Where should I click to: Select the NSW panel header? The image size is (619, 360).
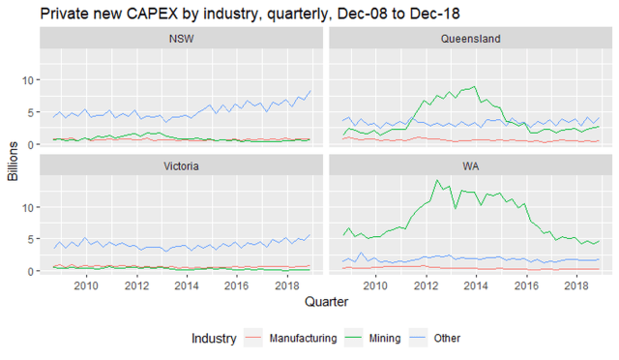tap(180, 39)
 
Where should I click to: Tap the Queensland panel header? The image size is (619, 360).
tap(469, 39)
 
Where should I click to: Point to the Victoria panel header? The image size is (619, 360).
tap(180, 165)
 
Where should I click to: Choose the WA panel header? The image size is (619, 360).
tap(469, 165)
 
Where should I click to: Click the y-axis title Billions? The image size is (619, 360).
tap(14, 160)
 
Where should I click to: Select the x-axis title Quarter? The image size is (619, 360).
tap(325, 303)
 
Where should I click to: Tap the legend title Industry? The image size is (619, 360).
tap(214, 338)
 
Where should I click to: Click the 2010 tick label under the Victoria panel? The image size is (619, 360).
tap(86, 286)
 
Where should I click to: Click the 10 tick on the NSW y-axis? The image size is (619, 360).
tap(29, 79)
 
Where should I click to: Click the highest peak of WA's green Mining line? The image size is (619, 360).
tap(437, 180)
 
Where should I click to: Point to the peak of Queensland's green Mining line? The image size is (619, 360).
tap(473, 86)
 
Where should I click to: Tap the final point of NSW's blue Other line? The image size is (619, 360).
tap(310, 91)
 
